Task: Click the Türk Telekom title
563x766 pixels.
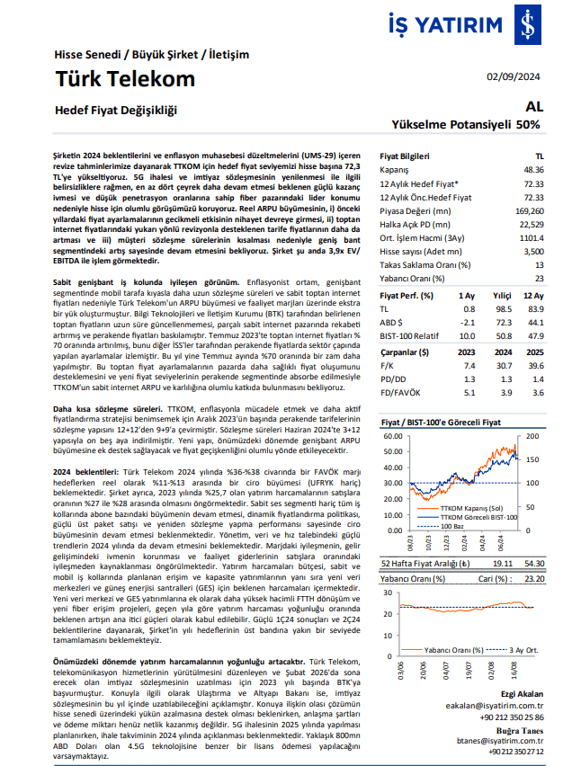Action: click(125, 78)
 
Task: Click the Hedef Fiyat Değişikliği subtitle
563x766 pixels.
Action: click(116, 111)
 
